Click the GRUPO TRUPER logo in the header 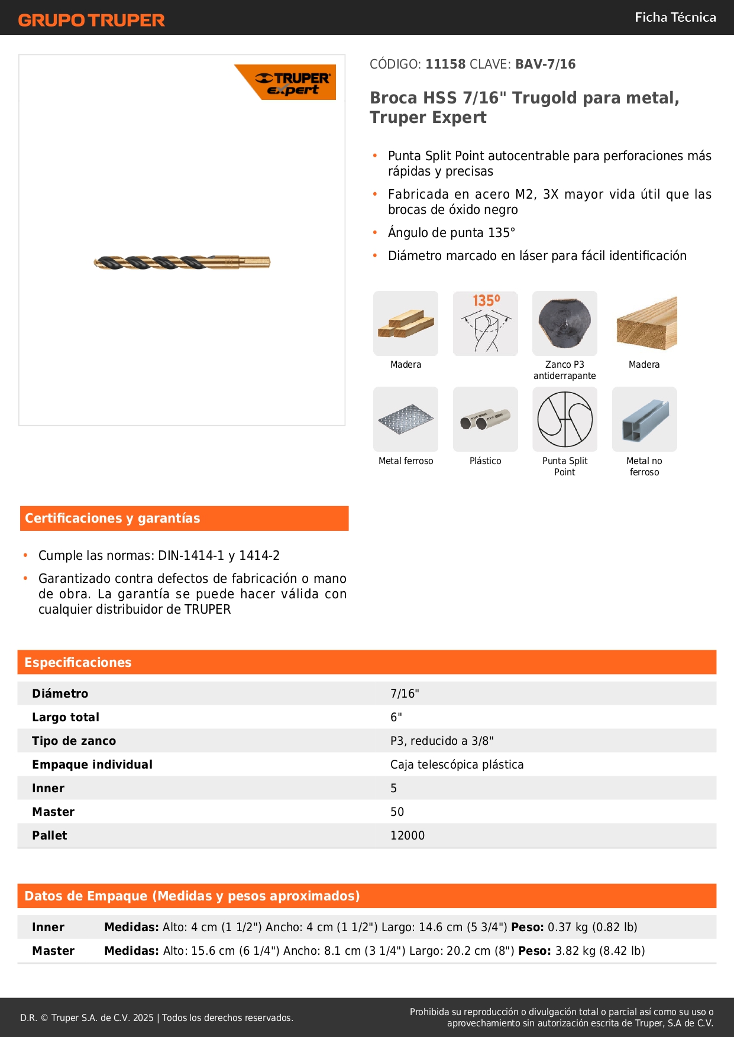pyautogui.click(x=91, y=20)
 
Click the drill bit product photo pyautogui.click(x=182, y=262)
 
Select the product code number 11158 pyautogui.click(x=445, y=64)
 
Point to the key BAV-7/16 pyautogui.click(x=545, y=64)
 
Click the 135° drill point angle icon pyautogui.click(x=485, y=323)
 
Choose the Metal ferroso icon pyautogui.click(x=406, y=419)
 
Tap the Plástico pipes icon pyautogui.click(x=485, y=419)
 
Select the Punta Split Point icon pyautogui.click(x=564, y=419)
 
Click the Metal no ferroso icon pyautogui.click(x=644, y=419)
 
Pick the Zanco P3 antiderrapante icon pyautogui.click(x=564, y=323)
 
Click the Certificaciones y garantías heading pyautogui.click(x=112, y=518)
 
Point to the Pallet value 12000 pyautogui.click(x=408, y=835)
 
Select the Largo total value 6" pyautogui.click(x=396, y=717)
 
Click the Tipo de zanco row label pyautogui.click(x=74, y=741)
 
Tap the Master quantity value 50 pyautogui.click(x=397, y=812)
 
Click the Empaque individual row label pyautogui.click(x=92, y=764)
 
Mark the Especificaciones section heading pyautogui.click(x=78, y=662)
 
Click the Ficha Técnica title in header pyautogui.click(x=675, y=17)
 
